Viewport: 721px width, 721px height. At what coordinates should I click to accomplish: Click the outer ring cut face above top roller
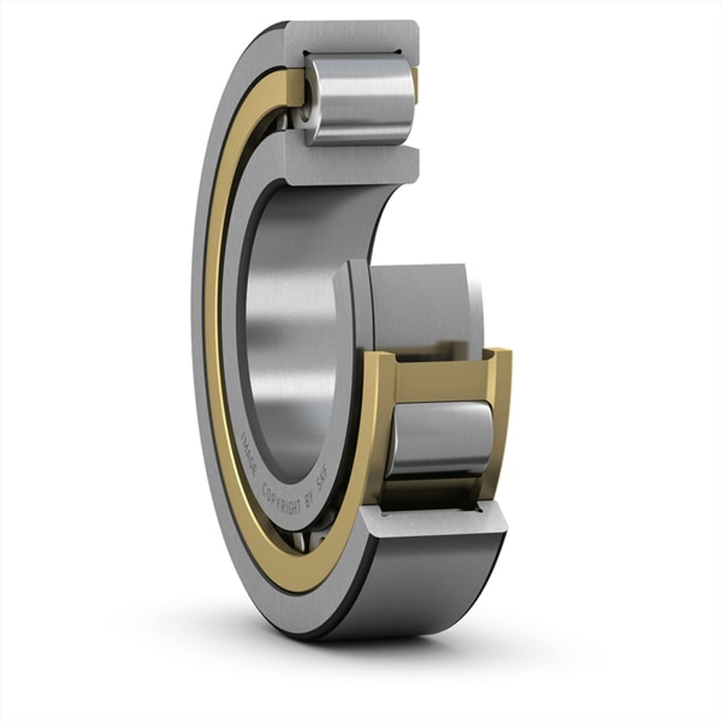coord(353,36)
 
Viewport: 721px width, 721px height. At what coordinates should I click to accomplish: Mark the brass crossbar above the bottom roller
coord(440,375)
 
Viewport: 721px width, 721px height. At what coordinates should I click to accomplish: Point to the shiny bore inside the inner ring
coord(288,324)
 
